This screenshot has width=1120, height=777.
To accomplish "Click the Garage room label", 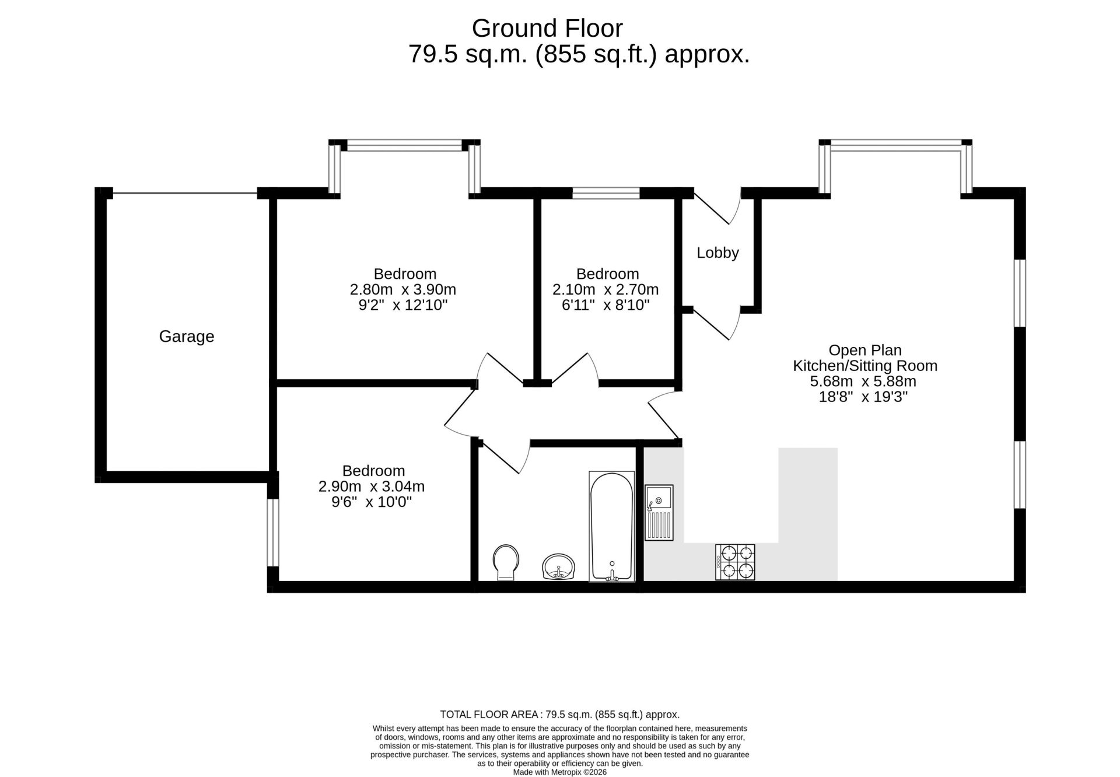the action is [187, 337].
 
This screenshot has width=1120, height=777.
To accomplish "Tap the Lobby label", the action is [717, 253].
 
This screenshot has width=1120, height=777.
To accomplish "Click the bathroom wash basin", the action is [559, 566].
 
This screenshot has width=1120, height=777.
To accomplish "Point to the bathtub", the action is [611, 527].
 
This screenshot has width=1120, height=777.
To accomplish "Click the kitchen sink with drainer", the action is [659, 512].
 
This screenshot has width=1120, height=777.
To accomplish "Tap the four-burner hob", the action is [735, 562].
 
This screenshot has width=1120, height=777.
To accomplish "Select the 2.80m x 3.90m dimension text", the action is [402, 289].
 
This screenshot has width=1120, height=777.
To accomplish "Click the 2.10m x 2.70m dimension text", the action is [605, 289].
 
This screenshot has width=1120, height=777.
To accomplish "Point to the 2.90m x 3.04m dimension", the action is [372, 487].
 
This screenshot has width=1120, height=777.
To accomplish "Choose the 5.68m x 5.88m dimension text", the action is [863, 381].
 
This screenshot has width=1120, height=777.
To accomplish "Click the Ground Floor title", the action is [547, 28].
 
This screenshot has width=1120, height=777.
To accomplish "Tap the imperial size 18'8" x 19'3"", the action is [863, 397].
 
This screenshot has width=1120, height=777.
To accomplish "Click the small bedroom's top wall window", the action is [606, 193].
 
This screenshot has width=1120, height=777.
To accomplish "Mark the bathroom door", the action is [505, 456].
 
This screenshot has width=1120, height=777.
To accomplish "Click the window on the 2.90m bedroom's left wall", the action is [273, 532].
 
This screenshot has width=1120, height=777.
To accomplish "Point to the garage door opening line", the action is [185, 193].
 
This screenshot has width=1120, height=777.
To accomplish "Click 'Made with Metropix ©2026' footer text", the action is [560, 772].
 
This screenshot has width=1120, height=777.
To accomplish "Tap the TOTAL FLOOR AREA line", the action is [560, 715].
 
